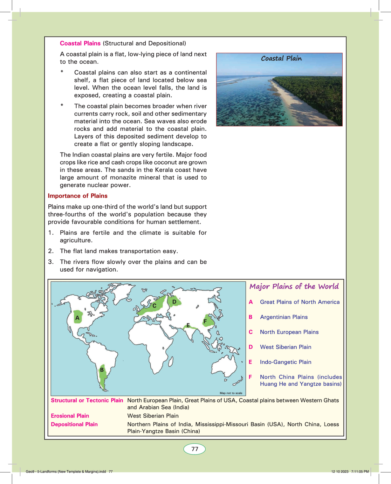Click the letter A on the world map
tap(77, 318)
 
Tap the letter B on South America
tap(102, 370)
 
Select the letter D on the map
tap(174, 302)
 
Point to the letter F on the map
tap(205, 321)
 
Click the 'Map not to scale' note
tap(231, 393)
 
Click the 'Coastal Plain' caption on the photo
tap(281, 58)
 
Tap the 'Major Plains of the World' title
tap(294, 287)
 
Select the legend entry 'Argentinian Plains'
tap(284, 317)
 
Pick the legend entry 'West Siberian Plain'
tap(285, 347)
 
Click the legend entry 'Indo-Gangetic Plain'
tap(285, 362)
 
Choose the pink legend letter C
tap(251, 332)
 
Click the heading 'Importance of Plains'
tap(78, 196)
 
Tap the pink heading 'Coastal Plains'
tap(80, 44)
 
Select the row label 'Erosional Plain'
tap(70, 416)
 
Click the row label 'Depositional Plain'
tap(74, 424)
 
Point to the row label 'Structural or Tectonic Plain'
tap(87, 401)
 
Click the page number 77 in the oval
tap(195, 449)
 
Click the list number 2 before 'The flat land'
tap(51, 251)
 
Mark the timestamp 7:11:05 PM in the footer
tap(360, 472)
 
